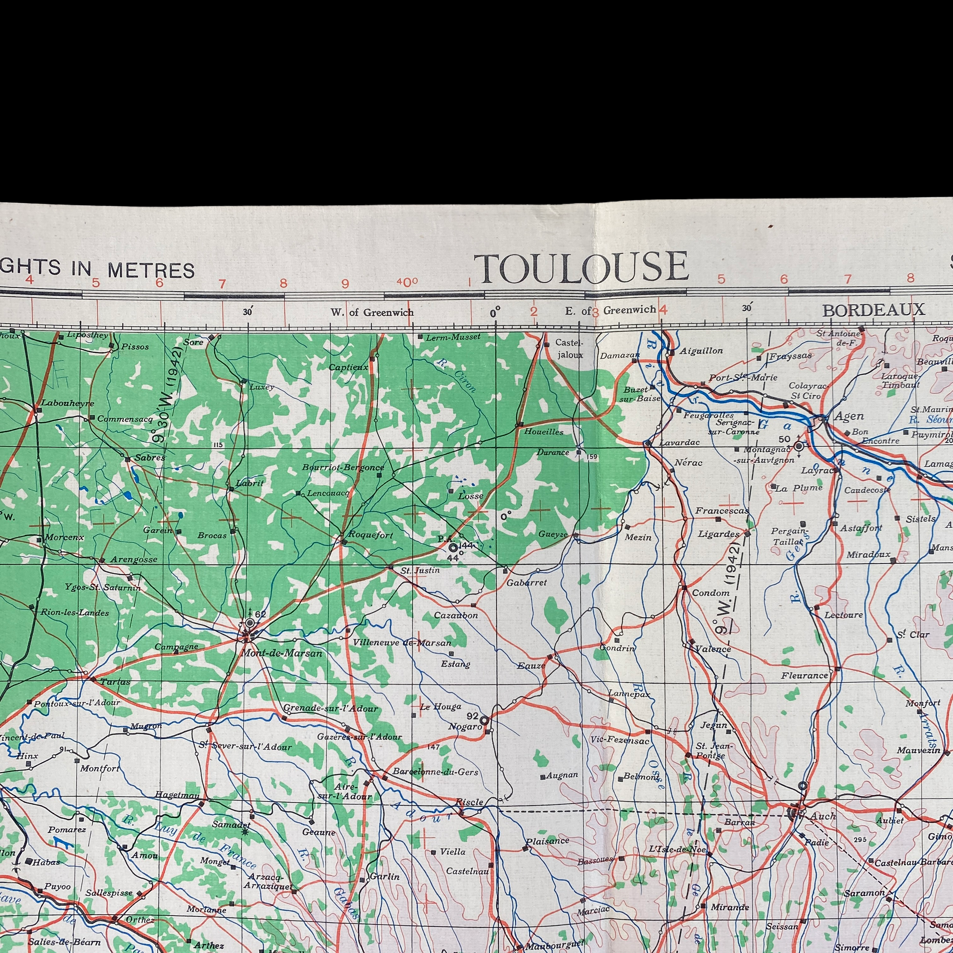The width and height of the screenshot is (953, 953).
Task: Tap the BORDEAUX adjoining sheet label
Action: pos(873,310)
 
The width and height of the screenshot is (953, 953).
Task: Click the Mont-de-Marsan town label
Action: pos(281,653)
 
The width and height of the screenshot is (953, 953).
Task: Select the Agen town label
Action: pos(849,417)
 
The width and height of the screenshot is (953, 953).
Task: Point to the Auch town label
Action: pos(823,816)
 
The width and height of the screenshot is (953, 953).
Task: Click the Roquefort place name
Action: pos(370,535)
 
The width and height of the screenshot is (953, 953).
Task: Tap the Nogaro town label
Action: pos(465,727)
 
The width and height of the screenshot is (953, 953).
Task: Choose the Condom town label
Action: pos(710,593)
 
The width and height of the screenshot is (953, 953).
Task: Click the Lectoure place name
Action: pos(843,615)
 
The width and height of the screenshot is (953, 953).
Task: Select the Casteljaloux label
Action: pos(569,348)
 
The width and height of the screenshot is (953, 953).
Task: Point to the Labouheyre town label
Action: pos(67,403)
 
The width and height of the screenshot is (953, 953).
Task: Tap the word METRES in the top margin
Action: pos(151,270)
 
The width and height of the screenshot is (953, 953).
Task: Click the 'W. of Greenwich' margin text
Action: pos(372,312)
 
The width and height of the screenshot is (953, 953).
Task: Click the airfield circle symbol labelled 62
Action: pos(250,623)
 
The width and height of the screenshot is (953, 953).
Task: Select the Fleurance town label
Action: pos(804,676)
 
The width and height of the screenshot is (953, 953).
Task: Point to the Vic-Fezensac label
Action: pos(619,739)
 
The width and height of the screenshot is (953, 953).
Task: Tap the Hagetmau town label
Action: pos(177,794)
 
